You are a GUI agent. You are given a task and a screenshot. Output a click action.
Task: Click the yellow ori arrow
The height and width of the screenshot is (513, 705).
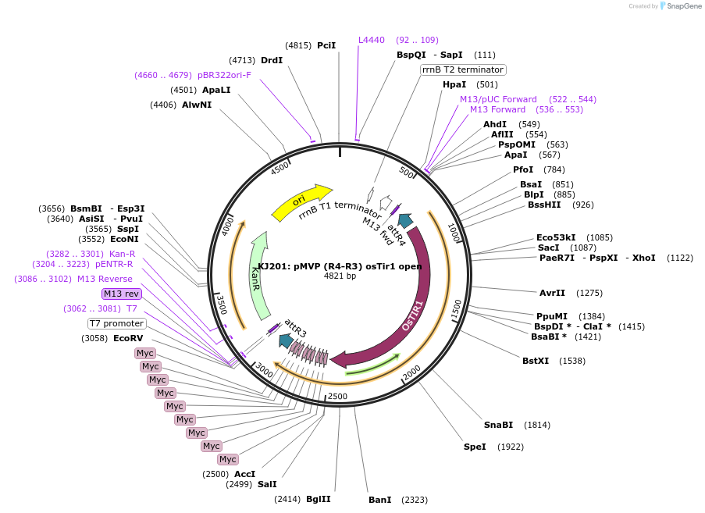pos(301,202)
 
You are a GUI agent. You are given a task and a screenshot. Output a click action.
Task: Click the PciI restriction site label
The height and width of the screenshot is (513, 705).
pos(326,45)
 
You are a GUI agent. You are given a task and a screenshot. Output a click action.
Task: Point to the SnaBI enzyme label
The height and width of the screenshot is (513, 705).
pos(498,425)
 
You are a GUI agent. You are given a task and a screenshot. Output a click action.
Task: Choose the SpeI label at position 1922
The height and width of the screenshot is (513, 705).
pos(475,447)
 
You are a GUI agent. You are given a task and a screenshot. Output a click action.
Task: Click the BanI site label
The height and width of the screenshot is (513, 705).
pos(379,499)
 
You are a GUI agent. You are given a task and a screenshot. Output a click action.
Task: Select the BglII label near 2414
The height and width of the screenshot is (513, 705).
pos(318,499)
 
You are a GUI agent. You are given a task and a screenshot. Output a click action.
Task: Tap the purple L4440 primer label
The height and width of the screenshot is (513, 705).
pos(372,40)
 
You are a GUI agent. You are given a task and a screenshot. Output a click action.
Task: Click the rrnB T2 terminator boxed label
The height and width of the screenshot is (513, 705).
pos(463,69)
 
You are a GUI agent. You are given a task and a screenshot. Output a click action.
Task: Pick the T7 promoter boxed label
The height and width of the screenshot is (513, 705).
pos(116,323)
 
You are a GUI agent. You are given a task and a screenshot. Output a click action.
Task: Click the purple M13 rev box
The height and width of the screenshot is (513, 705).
pos(121,294)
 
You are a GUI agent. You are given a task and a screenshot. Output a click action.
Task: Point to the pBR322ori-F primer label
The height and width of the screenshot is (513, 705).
pos(224,75)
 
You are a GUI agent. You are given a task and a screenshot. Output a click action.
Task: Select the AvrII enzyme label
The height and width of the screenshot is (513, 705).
pos(552,293)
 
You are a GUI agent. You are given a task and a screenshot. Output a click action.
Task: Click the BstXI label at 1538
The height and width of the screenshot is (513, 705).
pos(536,361)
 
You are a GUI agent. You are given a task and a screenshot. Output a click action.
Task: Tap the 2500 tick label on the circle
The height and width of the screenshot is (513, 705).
pos(337,397)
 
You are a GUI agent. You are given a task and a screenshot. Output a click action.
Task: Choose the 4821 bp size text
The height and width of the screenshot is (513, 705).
pos(340,276)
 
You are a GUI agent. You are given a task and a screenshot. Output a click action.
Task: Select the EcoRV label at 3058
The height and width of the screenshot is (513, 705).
pos(128,338)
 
